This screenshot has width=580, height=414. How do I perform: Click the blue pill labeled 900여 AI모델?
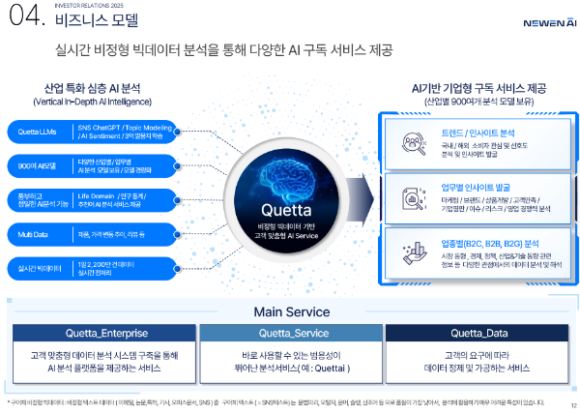[40, 164]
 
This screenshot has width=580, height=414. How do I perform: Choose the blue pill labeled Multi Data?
[40, 233]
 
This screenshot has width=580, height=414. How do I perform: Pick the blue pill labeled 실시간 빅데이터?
[40, 266]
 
